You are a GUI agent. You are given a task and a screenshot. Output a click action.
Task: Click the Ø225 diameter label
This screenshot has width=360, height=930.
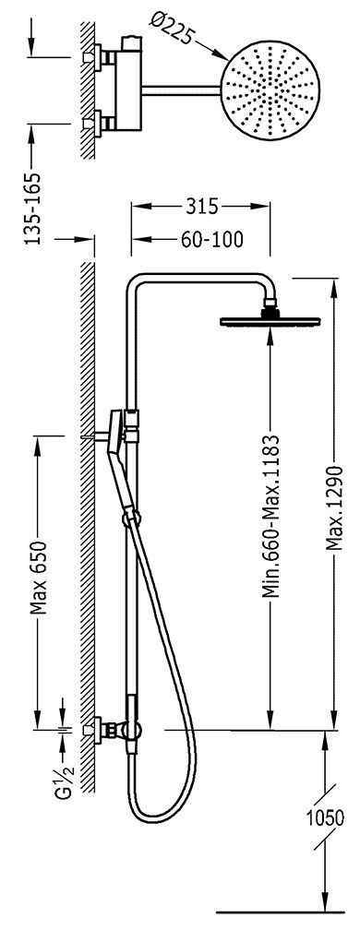coord(171,30)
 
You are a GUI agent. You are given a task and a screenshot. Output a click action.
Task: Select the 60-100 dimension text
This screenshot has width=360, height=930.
coord(211,240)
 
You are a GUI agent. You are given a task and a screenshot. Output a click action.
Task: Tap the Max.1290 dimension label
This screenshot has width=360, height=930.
coord(336,507)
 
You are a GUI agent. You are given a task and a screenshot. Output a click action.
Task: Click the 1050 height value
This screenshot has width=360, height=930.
coord(325,817)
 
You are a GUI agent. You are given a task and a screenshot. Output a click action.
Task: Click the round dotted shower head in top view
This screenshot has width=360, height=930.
coord(270,86)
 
